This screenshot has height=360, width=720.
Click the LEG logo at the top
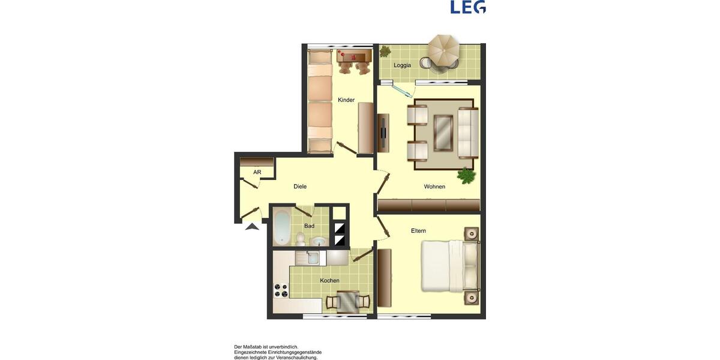click(468, 7)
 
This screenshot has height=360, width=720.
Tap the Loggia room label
click(402, 65)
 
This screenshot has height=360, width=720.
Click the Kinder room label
click(346, 100)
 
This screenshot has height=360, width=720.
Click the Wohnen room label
click(434, 187)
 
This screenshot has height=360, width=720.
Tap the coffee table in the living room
click(443, 132)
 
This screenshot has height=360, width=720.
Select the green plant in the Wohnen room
click(466, 175)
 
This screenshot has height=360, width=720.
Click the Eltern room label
click(418, 230)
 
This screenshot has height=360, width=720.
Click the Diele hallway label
click(300, 187)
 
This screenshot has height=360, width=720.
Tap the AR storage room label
click(257, 172)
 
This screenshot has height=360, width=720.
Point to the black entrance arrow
click(252, 226)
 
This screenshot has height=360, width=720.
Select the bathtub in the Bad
click(282, 225)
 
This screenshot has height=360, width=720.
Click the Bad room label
click(309, 226)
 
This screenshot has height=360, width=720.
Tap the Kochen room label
click(329, 280)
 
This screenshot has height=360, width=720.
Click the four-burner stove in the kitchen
click(281, 290)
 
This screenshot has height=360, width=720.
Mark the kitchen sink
click(313, 258)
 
